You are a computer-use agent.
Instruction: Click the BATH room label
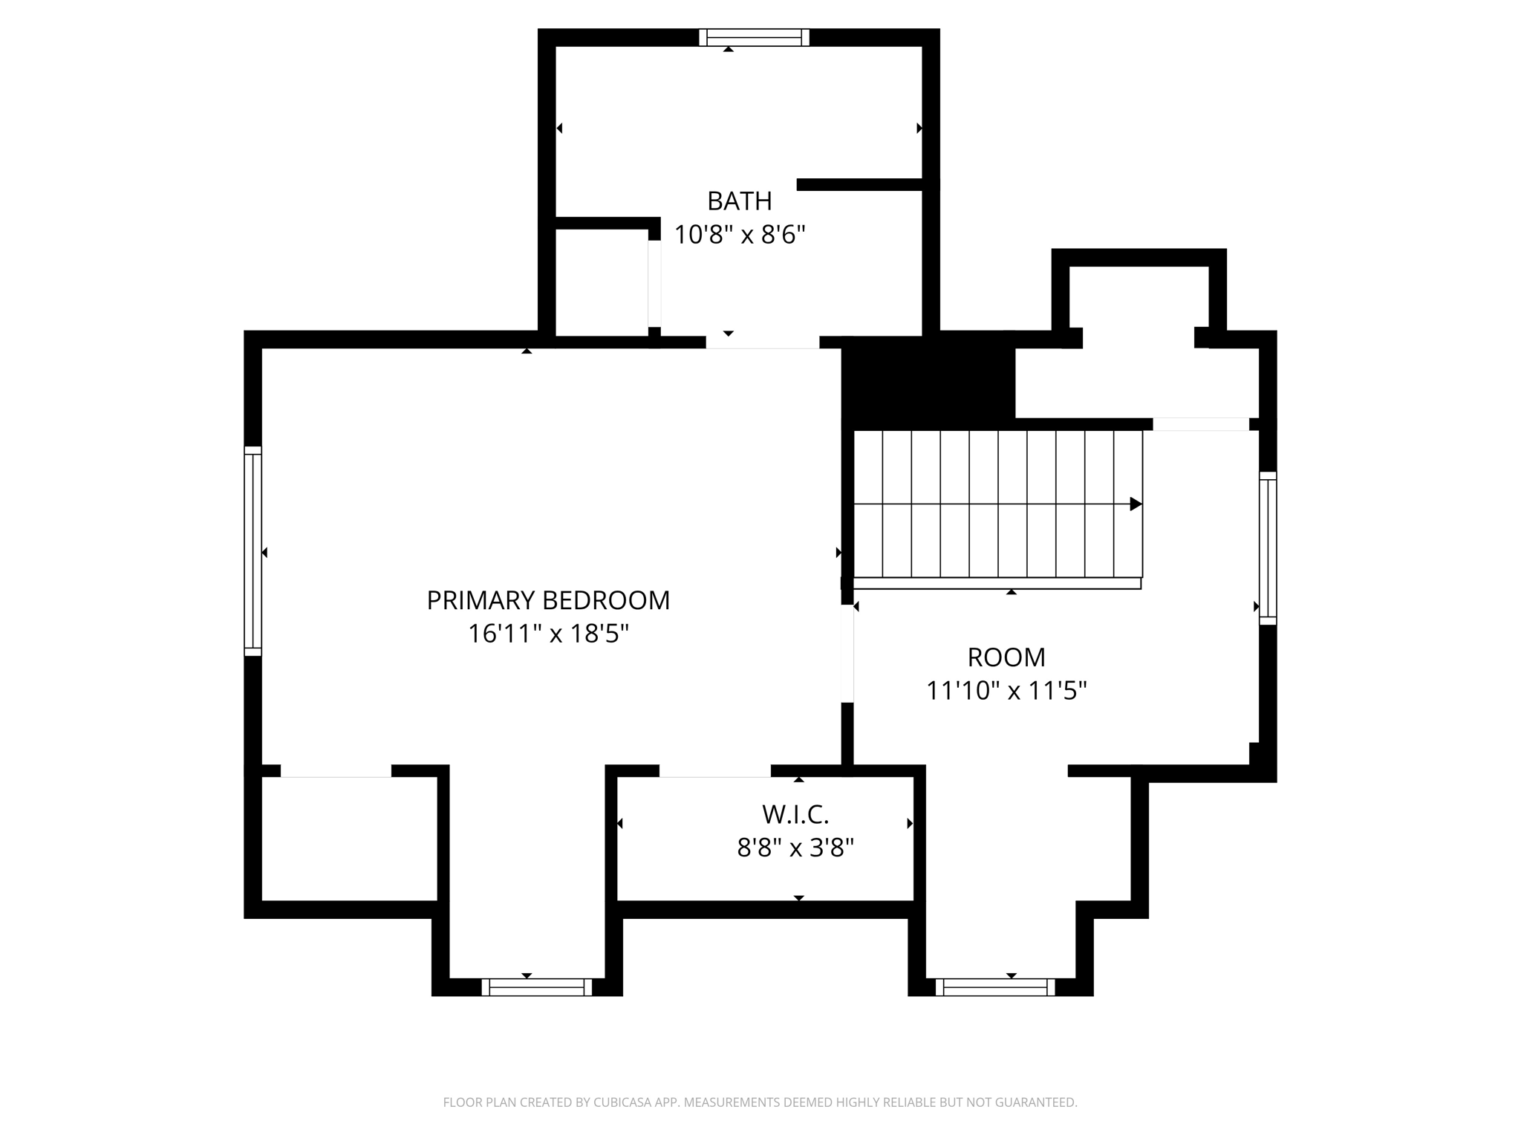739,201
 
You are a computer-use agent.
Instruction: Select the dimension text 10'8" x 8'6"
739,235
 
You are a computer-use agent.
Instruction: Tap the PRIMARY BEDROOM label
548,600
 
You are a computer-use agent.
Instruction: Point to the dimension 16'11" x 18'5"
548,634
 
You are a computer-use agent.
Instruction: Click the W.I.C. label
795,815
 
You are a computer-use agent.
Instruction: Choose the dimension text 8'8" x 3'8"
795,848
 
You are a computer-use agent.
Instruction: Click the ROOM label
1006,657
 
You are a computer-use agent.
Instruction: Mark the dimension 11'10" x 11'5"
1006,691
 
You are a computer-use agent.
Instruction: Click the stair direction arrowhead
1136,504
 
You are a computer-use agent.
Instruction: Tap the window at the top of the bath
754,38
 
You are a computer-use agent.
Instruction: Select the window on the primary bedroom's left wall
253,551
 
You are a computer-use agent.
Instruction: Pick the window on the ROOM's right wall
1268,548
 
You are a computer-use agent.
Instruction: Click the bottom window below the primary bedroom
536,987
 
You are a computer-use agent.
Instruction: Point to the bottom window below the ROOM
995,987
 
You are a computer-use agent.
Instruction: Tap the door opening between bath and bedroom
762,342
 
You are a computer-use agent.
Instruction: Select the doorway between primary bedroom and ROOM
847,654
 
